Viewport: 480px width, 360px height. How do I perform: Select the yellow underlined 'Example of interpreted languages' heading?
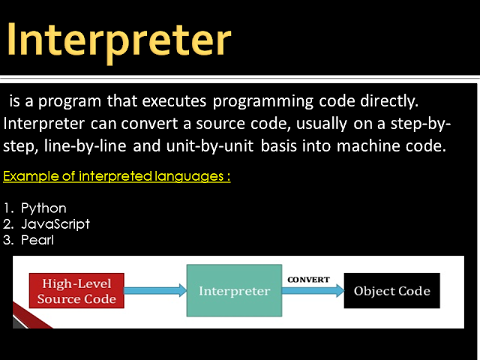point(116,177)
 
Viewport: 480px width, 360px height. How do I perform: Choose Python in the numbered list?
point(43,208)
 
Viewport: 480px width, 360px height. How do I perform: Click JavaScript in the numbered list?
point(55,223)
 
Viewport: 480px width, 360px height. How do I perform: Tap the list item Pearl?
point(37,240)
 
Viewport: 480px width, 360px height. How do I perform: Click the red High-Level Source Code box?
point(76,291)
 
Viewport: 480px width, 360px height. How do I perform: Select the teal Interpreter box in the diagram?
point(232,291)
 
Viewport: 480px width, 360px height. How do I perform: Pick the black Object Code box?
point(392,291)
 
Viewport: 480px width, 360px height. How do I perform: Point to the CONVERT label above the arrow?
point(308,280)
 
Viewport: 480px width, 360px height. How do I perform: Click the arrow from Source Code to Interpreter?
point(154,291)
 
